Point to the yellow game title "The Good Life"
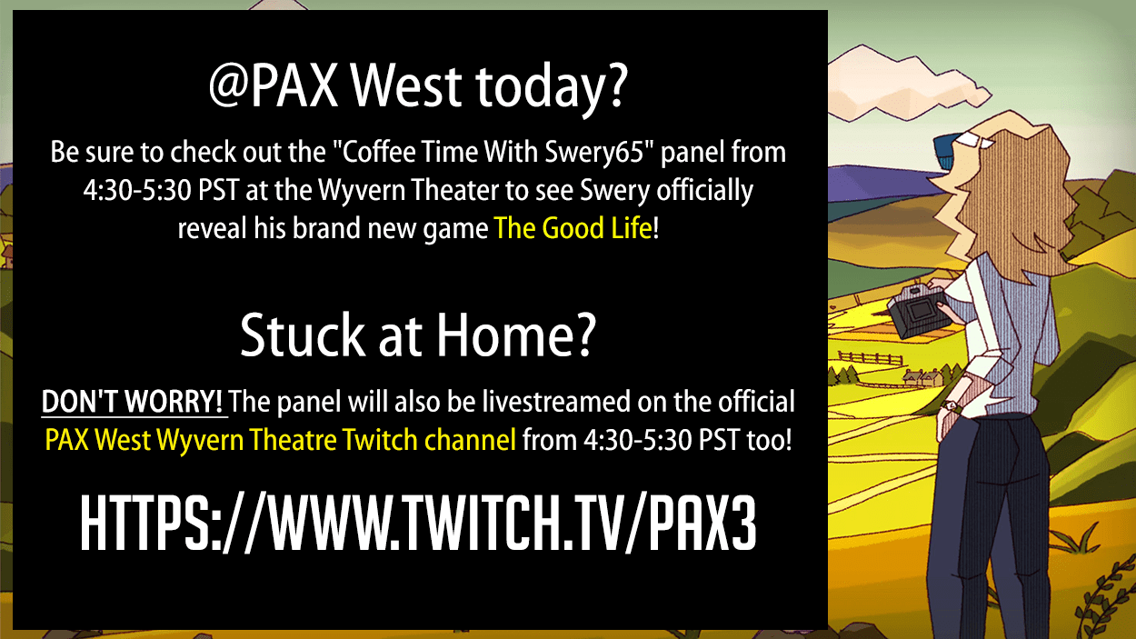pyautogui.click(x=573, y=228)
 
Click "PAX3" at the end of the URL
pyautogui.click(x=703, y=524)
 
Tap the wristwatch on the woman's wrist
pyautogui.click(x=950, y=405)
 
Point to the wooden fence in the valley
pyautogui.click(x=871, y=358)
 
